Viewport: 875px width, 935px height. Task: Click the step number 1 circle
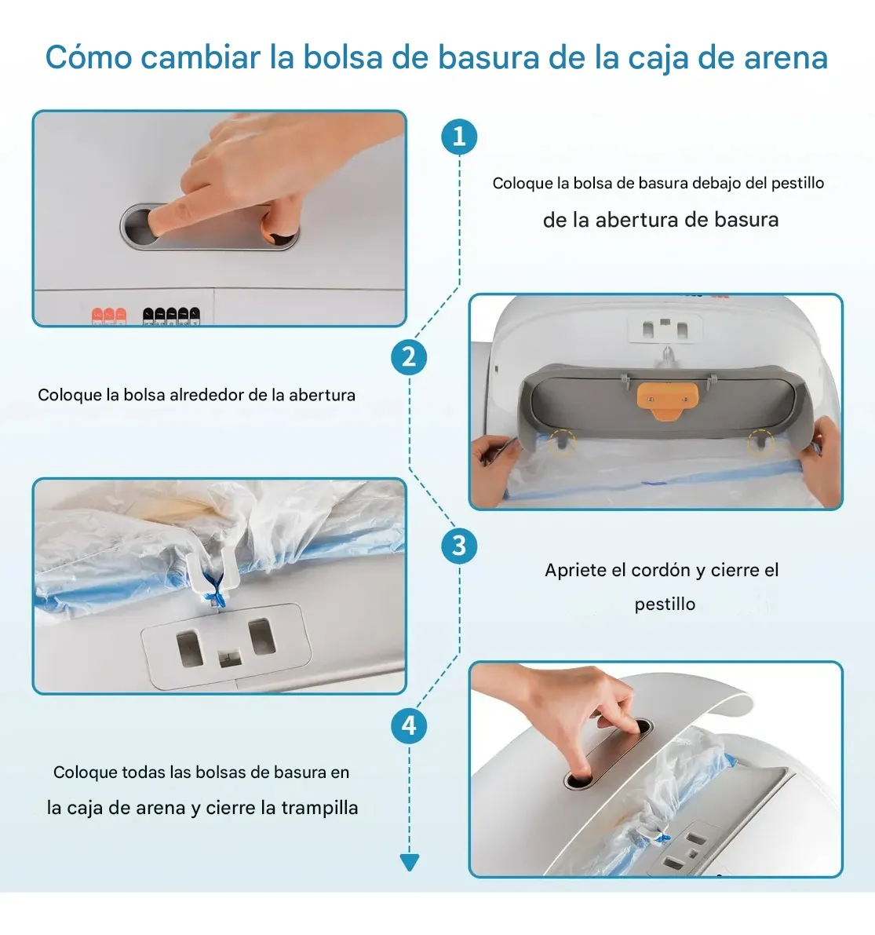coord(459,137)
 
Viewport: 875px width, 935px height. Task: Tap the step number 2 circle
coord(409,357)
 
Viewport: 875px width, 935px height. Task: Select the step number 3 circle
coord(459,546)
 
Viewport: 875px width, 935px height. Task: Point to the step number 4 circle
coord(409,725)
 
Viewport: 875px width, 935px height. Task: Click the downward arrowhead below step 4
coord(410,862)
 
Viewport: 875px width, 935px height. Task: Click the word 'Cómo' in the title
coord(89,58)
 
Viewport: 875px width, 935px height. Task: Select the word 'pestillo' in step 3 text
coord(665,604)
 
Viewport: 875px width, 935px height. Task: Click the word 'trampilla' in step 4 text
coord(319,808)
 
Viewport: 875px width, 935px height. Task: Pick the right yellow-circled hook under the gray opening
coord(760,442)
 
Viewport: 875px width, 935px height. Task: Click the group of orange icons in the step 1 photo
coord(109,316)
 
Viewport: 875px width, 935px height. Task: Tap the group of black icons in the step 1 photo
coord(171,316)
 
